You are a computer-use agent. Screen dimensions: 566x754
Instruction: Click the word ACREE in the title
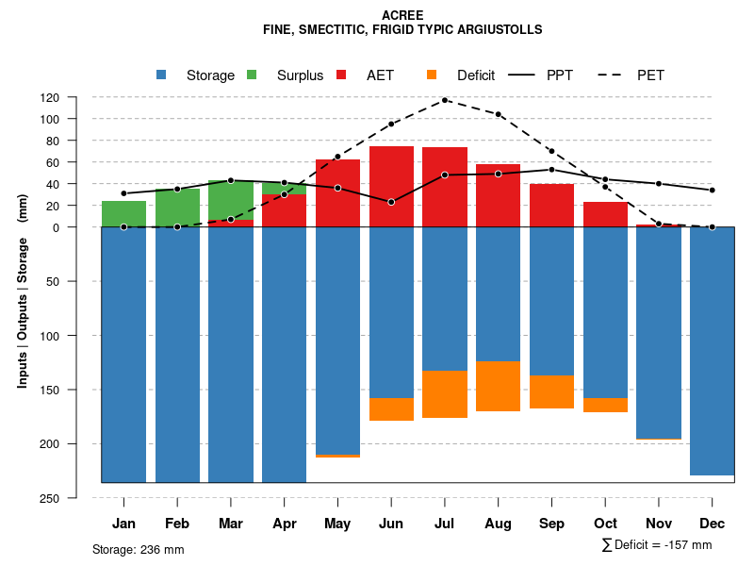click(402, 15)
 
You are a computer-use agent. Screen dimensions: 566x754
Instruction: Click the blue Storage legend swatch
click(161, 75)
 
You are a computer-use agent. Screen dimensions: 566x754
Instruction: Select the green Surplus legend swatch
click(252, 75)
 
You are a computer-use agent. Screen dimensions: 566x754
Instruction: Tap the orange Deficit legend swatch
click(432, 75)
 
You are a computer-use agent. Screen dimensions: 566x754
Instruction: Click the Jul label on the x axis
click(445, 524)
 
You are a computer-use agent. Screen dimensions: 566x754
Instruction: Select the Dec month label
click(712, 524)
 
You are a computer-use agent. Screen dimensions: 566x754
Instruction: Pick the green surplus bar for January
click(123, 214)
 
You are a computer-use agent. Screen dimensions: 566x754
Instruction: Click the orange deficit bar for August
click(499, 386)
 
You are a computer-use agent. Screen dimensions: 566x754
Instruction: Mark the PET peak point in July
click(445, 100)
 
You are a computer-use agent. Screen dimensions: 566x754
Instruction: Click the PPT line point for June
click(391, 202)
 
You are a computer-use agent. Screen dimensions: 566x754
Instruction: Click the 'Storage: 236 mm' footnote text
click(139, 549)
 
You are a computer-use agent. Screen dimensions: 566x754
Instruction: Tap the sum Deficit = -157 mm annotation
click(657, 545)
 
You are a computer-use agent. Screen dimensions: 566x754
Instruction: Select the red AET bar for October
click(605, 214)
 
